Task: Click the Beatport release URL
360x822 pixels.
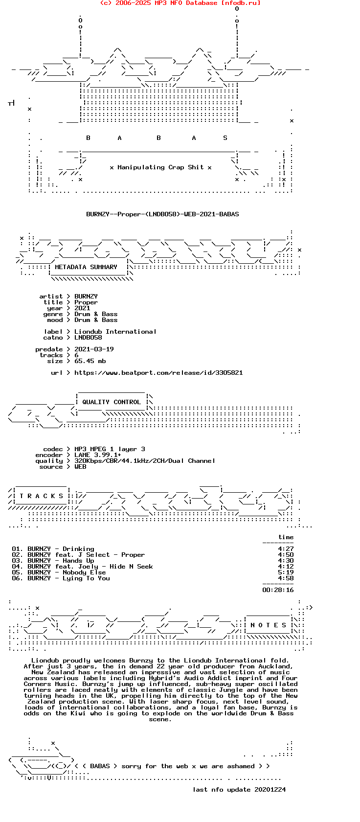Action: click(x=158, y=373)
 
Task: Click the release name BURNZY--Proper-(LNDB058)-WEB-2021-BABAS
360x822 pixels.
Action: click(x=162, y=214)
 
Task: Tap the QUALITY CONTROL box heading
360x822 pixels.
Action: click(x=112, y=402)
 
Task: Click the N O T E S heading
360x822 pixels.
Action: click(x=269, y=625)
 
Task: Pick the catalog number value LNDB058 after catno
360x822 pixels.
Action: click(x=88, y=338)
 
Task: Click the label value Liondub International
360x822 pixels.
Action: click(x=115, y=332)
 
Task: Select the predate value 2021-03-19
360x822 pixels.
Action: click(x=94, y=349)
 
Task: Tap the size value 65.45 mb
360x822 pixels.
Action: click(x=90, y=361)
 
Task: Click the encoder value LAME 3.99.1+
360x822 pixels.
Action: click(x=98, y=455)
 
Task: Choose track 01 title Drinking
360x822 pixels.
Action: click(x=78, y=549)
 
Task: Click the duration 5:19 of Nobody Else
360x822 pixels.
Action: click(x=286, y=572)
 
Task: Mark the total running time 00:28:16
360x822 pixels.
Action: click(x=278, y=590)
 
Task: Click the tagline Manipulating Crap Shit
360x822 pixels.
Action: click(x=160, y=167)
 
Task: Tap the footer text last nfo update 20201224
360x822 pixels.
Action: click(x=239, y=790)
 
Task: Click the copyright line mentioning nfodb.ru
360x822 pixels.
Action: click(x=180, y=3)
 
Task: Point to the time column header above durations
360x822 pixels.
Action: click(x=286, y=537)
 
